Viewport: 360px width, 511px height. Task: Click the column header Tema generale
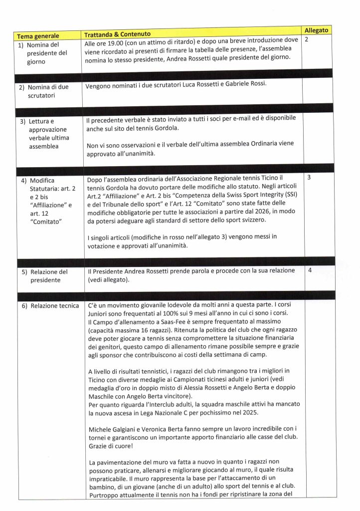pyautogui.click(x=38, y=36)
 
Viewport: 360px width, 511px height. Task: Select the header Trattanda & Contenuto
pyautogui.click(x=118, y=34)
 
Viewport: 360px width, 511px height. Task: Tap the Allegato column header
pyautogui.click(x=317, y=30)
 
